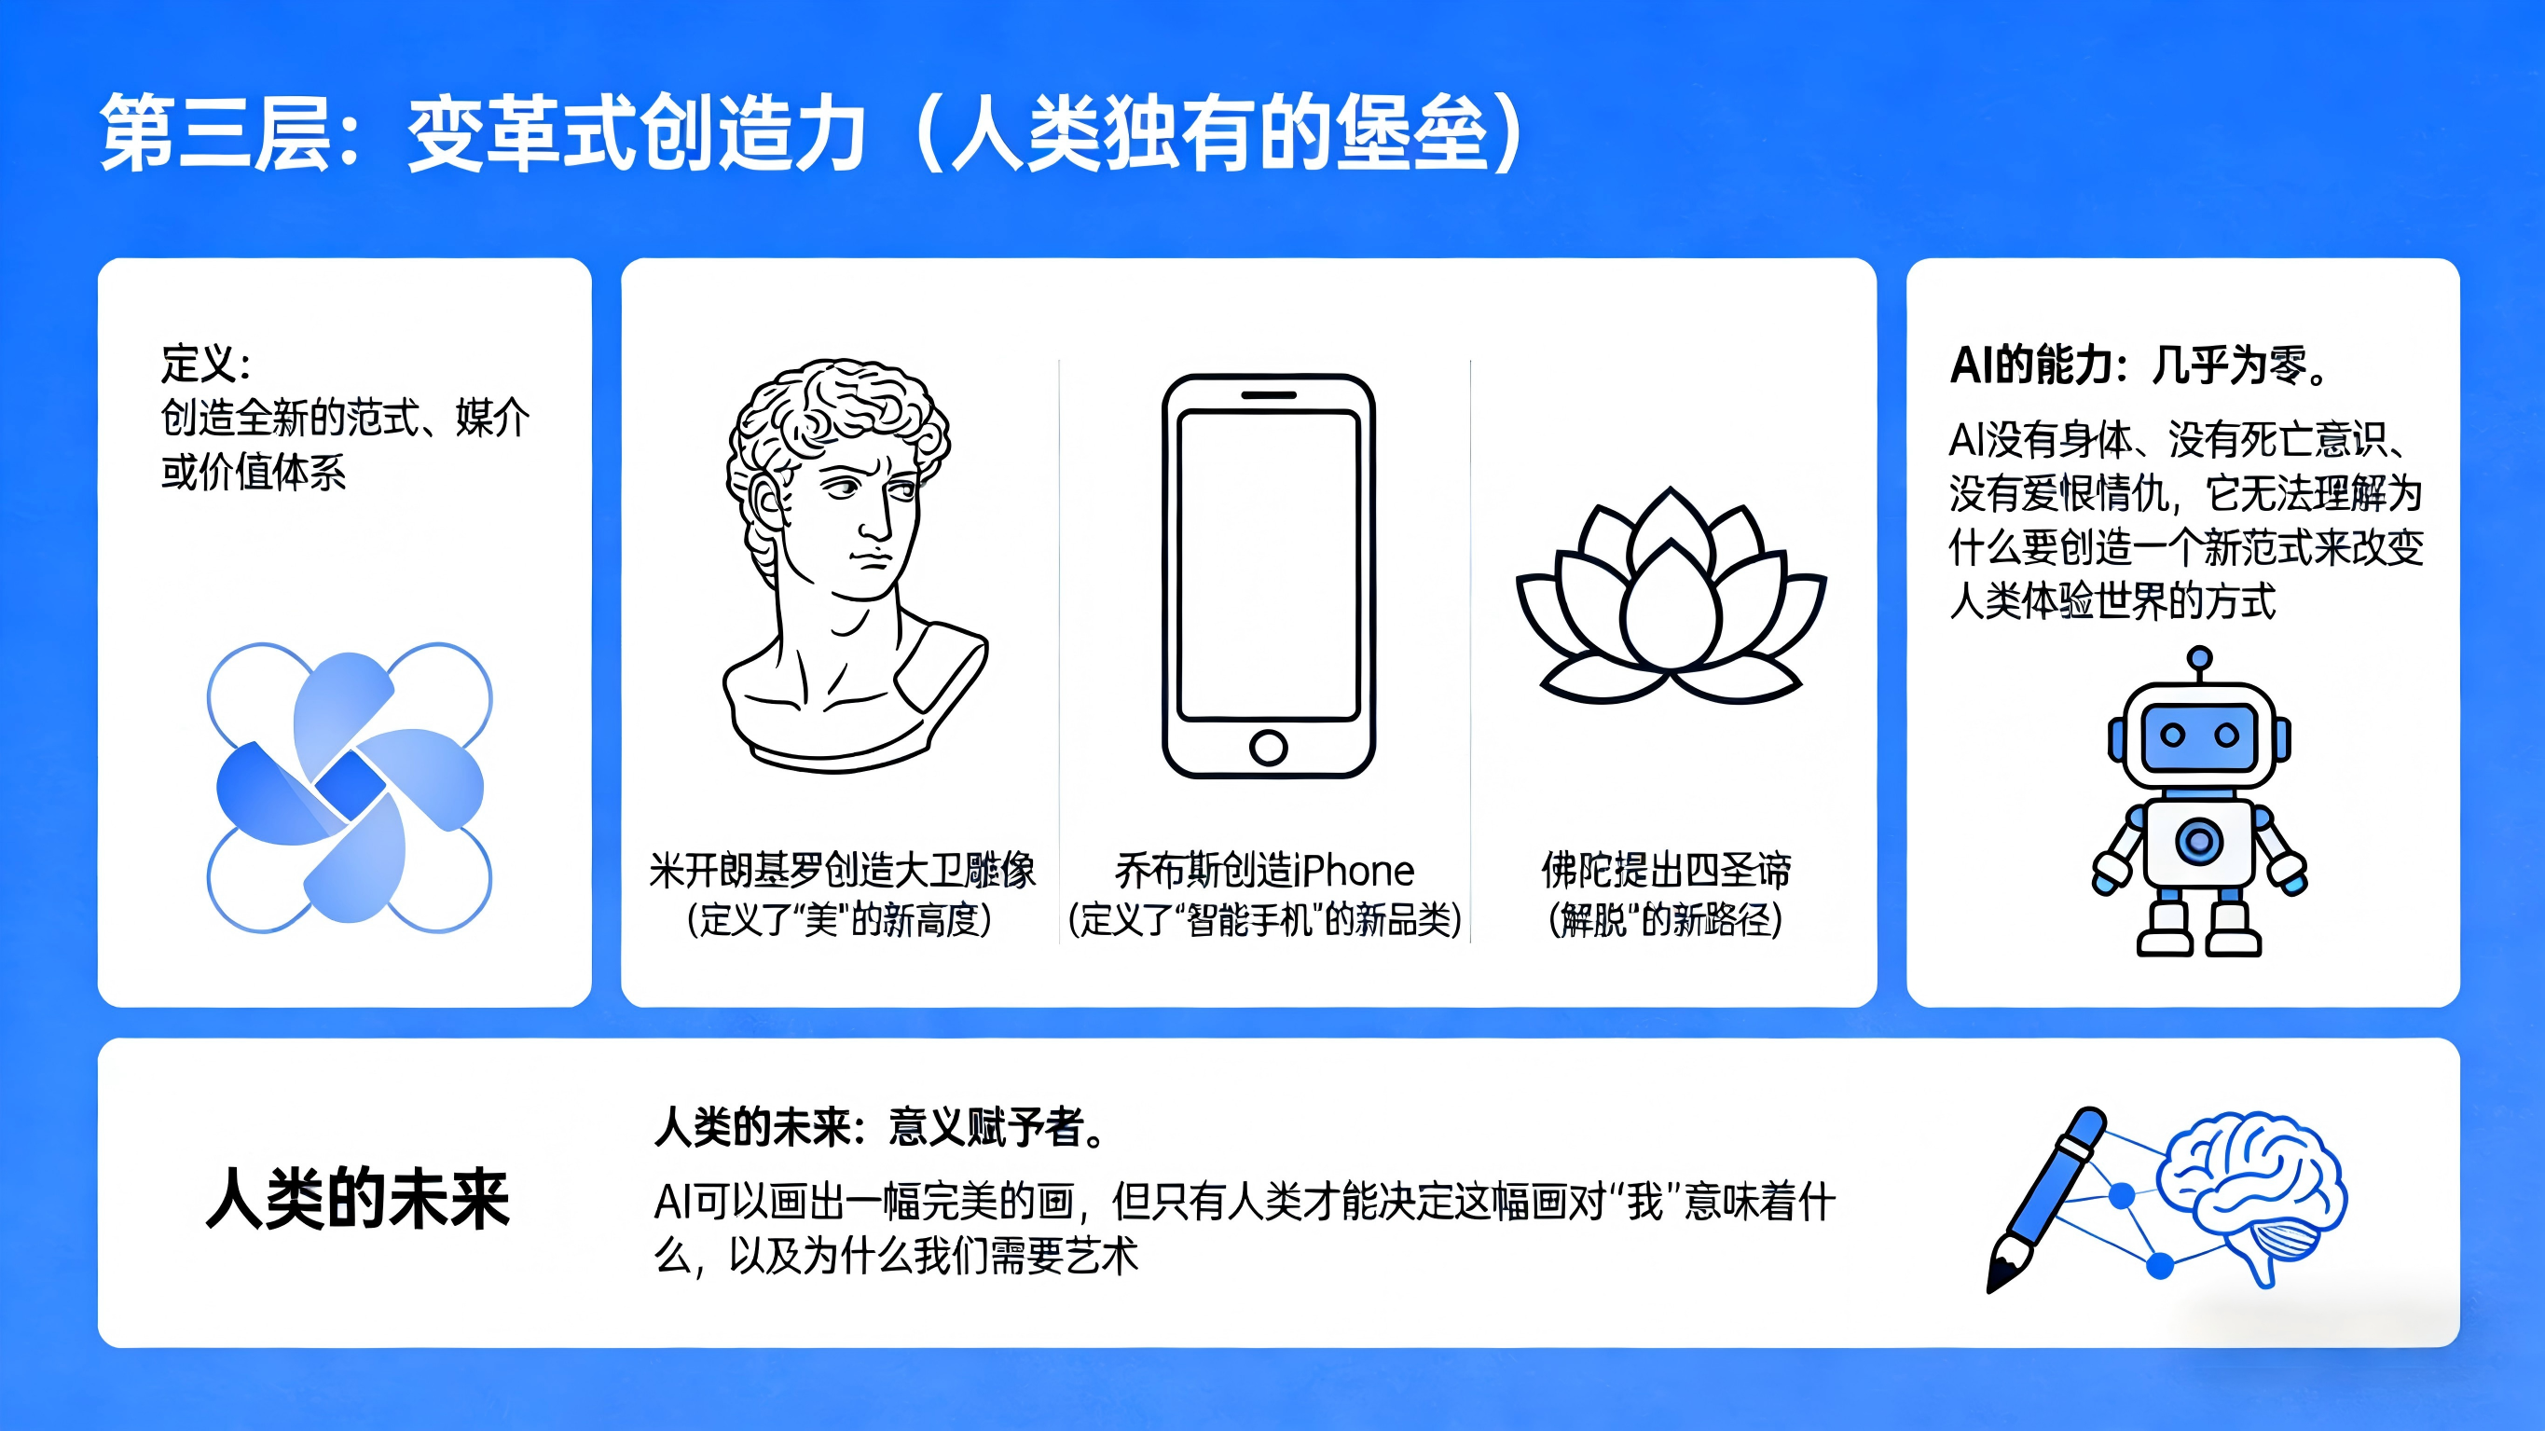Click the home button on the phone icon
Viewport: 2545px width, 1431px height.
[x=1269, y=747]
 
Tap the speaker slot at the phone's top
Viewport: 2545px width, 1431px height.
[x=1269, y=395]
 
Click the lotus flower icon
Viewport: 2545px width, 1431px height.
[x=1671, y=596]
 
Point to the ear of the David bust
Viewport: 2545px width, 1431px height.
[x=767, y=504]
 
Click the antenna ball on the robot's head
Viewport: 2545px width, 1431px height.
[x=2199, y=658]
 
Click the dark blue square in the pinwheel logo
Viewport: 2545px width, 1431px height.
[x=350, y=787]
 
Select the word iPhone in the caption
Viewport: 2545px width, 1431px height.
[x=1354, y=872]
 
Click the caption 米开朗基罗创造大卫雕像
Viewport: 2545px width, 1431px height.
[x=842, y=871]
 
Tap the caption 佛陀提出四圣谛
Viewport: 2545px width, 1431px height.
[x=1666, y=871]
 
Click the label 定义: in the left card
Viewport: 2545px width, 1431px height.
[x=205, y=364]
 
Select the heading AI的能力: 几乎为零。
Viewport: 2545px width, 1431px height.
[x=2139, y=365]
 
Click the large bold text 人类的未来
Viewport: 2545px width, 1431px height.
[x=358, y=1199]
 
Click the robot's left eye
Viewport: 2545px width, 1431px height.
[x=2171, y=736]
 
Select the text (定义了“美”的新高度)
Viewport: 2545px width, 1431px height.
[x=839, y=920]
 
